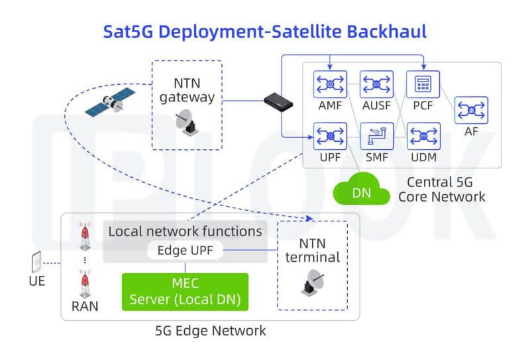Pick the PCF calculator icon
coord(422,84)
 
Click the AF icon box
coord(471,110)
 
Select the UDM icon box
coord(422,136)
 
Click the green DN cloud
coord(361,192)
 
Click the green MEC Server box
coord(185,292)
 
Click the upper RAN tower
coord(84,235)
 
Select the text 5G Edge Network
coord(211,330)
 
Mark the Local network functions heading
coord(185,231)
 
